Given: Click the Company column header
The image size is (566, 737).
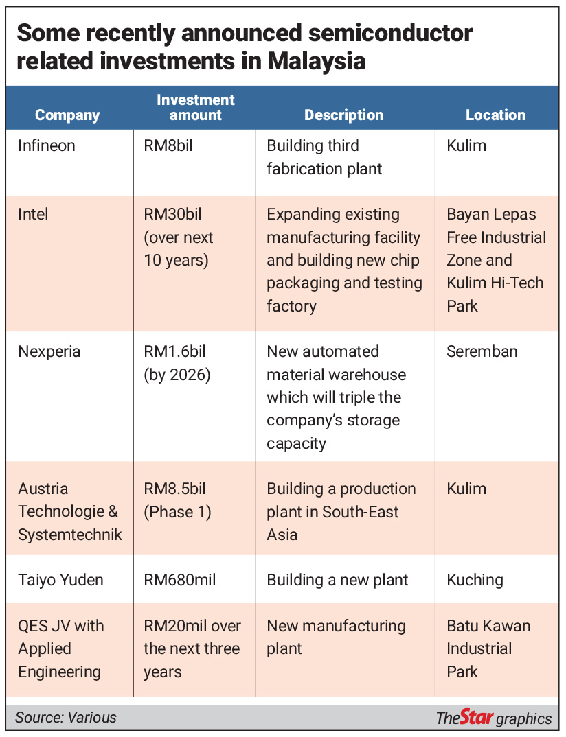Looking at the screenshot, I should tap(67, 115).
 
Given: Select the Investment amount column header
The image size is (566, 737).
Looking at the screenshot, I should tap(196, 107).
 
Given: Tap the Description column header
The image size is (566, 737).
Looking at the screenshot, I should tap(343, 115).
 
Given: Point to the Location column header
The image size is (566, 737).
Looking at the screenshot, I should tap(495, 115).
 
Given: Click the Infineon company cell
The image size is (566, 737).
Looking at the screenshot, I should tap(47, 145).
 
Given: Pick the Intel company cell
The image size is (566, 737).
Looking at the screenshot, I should tap(34, 214).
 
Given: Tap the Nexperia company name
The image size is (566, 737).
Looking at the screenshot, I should tap(49, 351).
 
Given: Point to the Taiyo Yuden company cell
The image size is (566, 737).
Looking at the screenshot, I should tap(61, 580).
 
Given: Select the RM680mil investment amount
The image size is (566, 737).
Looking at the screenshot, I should tap(181, 580).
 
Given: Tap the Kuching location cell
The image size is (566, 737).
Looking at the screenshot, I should tap(475, 580).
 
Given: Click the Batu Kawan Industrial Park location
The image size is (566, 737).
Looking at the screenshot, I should tap(488, 648).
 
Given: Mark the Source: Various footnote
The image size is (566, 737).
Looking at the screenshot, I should tap(66, 718).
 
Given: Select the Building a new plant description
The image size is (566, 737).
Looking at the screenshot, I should tap(337, 580).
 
